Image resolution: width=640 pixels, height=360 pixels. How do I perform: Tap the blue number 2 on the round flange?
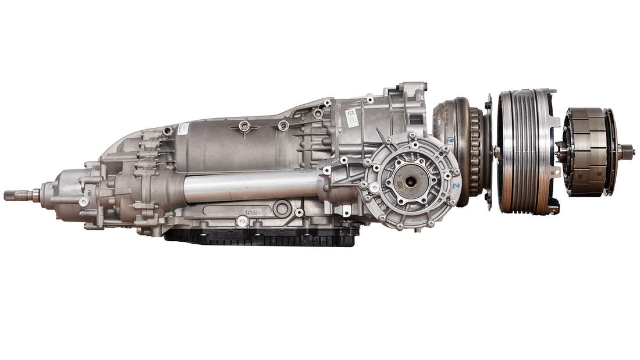click(456, 186)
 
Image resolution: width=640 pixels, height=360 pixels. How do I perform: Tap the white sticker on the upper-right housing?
click(351, 116)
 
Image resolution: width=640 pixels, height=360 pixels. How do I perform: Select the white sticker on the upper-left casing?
click(183, 129)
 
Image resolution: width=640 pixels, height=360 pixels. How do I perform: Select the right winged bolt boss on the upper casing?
click(283, 126)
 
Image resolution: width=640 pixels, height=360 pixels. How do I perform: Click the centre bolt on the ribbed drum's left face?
click(497, 152)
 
